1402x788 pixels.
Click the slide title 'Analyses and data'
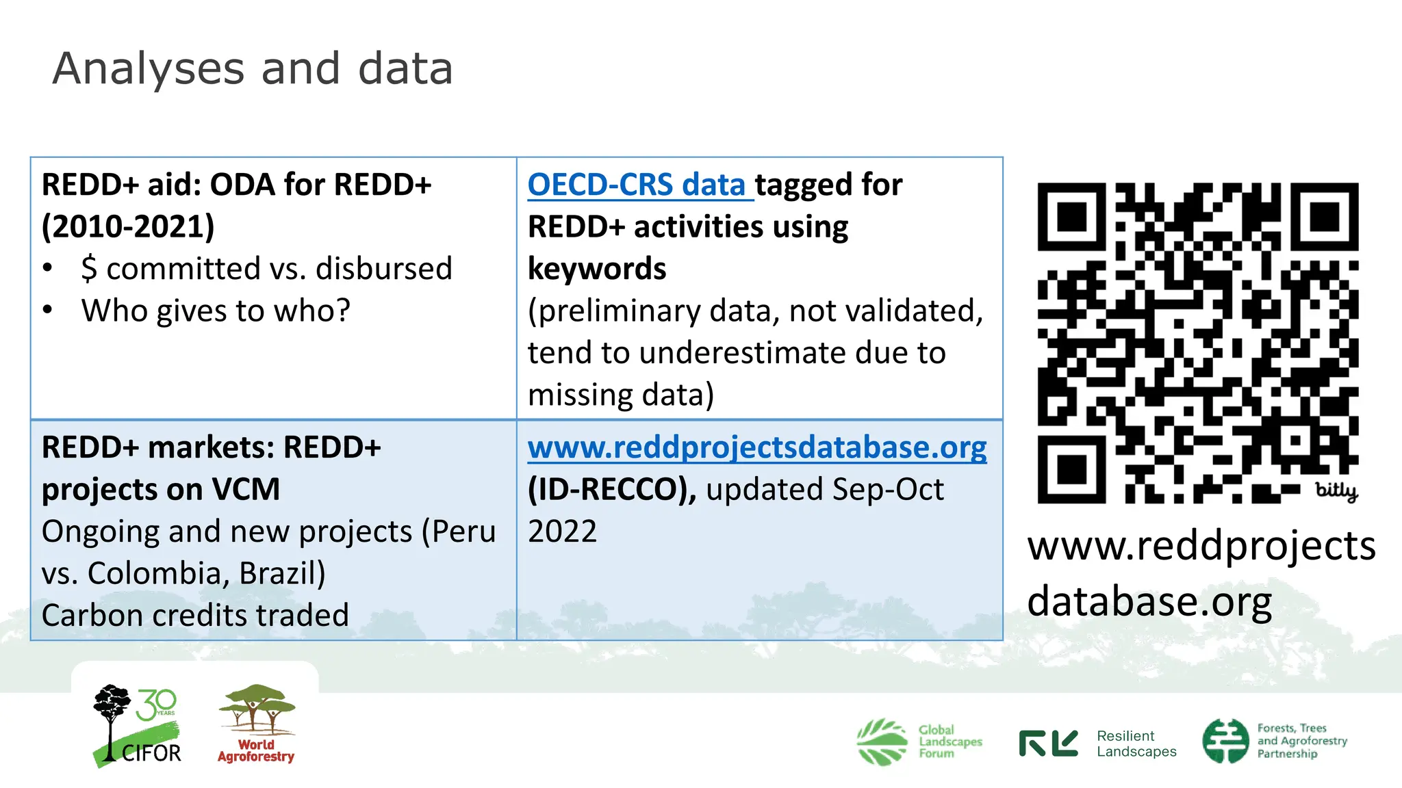[x=252, y=68]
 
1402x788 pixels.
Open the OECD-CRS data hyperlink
[x=637, y=185]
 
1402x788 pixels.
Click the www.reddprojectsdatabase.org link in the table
[x=756, y=448]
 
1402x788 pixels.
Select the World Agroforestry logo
[x=257, y=724]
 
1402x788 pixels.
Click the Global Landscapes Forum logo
[x=919, y=741]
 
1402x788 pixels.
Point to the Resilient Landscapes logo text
[x=1136, y=744]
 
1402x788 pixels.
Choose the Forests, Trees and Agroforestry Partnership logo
[x=1274, y=741]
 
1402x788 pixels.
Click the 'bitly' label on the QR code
[x=1336, y=490]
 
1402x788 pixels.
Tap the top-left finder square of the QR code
[x=1072, y=217]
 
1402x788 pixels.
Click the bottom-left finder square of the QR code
[x=1072, y=469]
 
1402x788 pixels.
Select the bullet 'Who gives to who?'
[x=216, y=311]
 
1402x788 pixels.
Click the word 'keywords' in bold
[x=596, y=269]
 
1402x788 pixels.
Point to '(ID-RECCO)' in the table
[x=611, y=490]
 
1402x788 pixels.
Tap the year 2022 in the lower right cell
[x=562, y=531]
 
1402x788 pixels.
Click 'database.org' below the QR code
[x=1149, y=602]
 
